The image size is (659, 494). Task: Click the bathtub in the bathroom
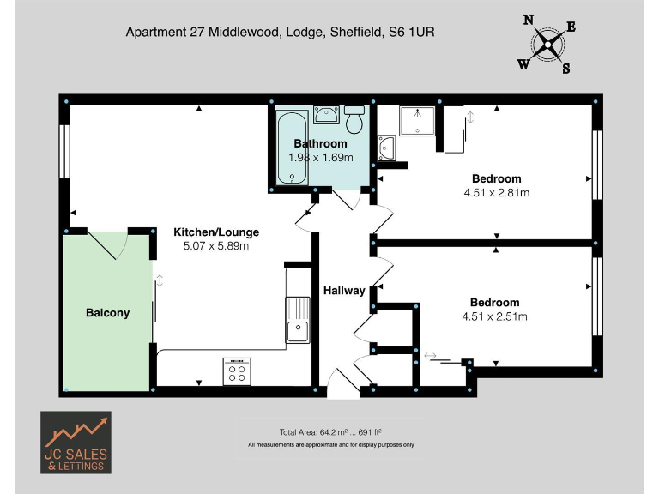(291, 148)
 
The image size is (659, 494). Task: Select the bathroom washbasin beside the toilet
(326, 115)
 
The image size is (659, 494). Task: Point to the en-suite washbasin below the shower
(387, 148)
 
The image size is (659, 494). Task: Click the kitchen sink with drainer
(298, 319)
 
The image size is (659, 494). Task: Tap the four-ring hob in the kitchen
(236, 370)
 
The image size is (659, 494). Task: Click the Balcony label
(107, 313)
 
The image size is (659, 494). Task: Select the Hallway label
(344, 291)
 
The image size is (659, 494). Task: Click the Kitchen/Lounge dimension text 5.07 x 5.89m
(215, 246)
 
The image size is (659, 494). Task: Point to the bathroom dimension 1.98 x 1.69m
(320, 158)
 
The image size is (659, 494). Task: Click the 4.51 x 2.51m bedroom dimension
(494, 316)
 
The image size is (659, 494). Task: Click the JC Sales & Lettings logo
(76, 442)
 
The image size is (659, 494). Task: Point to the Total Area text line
(330, 432)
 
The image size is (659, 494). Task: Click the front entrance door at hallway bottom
(344, 383)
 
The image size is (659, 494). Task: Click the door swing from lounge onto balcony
(107, 244)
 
